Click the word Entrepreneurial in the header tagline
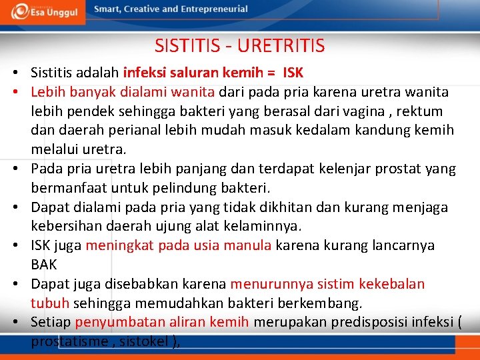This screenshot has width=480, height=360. [x=214, y=9]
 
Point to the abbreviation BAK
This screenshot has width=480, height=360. [x=44, y=265]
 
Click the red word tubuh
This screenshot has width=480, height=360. [x=50, y=303]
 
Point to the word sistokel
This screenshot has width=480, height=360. [x=147, y=342]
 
